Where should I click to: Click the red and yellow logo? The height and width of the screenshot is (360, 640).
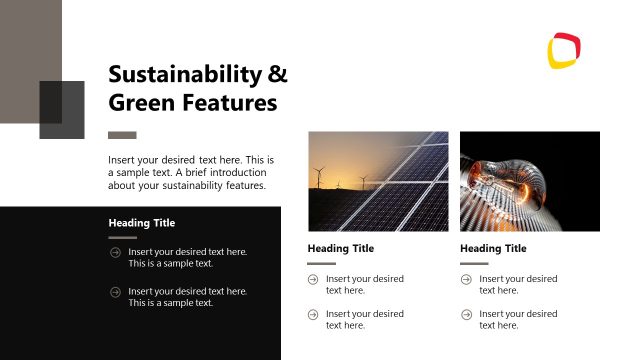(565, 50)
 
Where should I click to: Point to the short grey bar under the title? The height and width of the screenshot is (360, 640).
(122, 135)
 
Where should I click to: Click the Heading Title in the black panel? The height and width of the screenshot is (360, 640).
(142, 223)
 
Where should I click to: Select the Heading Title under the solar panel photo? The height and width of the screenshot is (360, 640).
(341, 249)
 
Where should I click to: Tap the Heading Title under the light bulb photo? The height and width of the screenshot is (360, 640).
(493, 249)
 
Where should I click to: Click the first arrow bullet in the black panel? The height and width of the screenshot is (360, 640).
(116, 252)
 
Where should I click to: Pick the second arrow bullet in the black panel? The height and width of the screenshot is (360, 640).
(116, 292)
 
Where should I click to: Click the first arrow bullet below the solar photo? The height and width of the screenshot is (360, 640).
(314, 279)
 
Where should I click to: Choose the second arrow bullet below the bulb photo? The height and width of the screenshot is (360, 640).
(467, 315)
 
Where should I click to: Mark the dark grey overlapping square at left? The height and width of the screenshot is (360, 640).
(62, 110)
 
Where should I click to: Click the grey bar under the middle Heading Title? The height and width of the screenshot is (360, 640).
(321, 264)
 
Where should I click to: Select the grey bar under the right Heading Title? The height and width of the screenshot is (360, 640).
(474, 264)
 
